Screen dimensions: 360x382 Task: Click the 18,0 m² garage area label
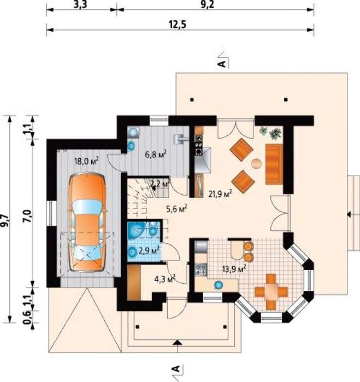point(86,161)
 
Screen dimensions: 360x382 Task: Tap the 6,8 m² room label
point(156,154)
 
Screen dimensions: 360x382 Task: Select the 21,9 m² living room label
point(220,194)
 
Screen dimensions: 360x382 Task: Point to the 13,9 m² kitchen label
point(234,269)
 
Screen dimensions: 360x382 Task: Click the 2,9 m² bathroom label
point(149,250)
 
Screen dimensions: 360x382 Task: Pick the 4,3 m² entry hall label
point(165,279)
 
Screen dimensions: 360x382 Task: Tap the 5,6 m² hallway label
point(176,209)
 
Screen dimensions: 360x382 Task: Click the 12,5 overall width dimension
point(178,25)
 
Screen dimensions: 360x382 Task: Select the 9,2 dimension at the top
point(208,5)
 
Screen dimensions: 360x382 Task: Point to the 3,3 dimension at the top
point(80,5)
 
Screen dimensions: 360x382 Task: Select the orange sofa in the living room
point(274,164)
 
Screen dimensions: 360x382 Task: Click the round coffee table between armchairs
point(257,164)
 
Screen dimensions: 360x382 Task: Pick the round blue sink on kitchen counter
point(219,285)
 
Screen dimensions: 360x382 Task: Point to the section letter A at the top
point(222,64)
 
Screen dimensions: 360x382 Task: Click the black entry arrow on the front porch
point(178,343)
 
